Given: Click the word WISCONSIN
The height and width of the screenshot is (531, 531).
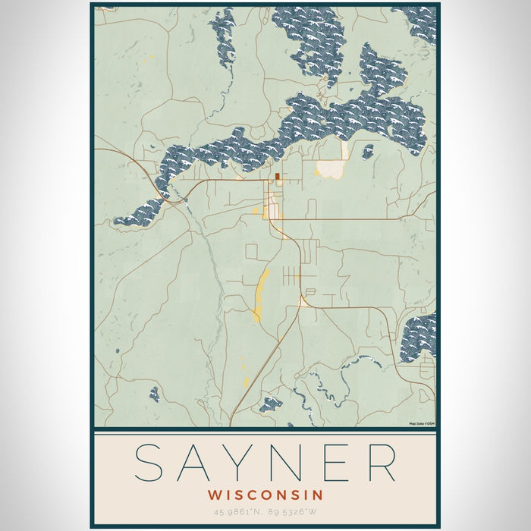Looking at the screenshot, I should pos(265,495).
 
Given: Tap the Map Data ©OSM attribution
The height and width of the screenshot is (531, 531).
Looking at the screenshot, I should pos(421,423).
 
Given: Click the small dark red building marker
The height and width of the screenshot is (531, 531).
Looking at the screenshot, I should pos(278,176).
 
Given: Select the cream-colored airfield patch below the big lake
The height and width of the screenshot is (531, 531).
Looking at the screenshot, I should pos(330,168).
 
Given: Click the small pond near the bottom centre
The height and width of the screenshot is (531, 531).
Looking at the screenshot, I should pos(270,404).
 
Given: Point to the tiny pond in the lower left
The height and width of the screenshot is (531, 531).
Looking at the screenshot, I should pos(155,394).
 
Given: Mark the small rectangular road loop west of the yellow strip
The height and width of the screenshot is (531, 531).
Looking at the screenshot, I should pos(252,251).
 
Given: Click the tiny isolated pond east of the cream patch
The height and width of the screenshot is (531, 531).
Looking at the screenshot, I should pos(368,152).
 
